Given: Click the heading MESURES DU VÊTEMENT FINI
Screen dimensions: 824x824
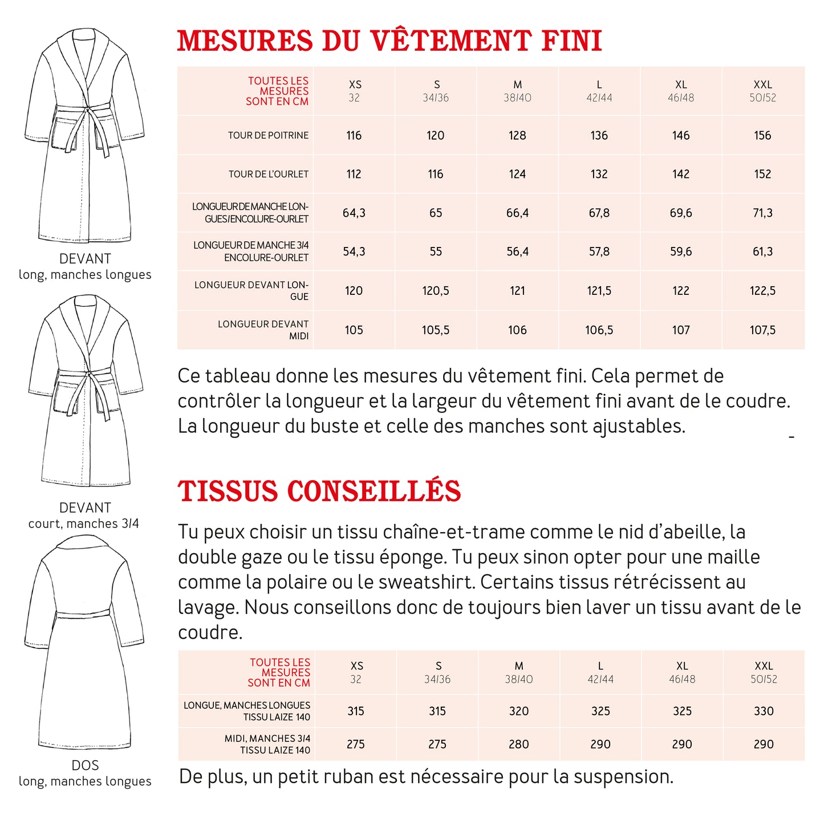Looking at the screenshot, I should pos(389,41).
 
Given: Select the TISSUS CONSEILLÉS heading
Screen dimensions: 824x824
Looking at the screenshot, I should pos(319,492).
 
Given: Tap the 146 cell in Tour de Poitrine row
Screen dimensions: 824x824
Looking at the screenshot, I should pos(681,136).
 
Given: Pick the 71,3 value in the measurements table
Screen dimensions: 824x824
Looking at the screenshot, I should pos(762,213).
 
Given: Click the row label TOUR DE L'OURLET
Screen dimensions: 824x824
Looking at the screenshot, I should pos(269,174).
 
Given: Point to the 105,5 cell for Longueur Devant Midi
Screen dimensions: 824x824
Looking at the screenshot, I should pos(436,330).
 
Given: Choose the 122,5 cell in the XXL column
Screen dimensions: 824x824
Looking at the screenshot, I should pos(762,291).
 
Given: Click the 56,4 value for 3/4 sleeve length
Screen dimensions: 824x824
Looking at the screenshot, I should pos(517,252).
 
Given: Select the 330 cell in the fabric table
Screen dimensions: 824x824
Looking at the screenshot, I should pos(764,711).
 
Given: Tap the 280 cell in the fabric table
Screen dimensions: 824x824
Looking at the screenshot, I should pos(519,744).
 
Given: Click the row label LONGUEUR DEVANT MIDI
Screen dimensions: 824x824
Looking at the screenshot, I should pos(263,330).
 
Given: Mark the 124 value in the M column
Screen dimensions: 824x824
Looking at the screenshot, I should pos(517,174).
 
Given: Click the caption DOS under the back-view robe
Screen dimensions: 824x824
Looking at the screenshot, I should pos(85,765).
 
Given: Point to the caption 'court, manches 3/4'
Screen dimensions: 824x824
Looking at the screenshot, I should pos(84,523).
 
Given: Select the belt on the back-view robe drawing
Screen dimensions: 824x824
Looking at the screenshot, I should pos(83,614).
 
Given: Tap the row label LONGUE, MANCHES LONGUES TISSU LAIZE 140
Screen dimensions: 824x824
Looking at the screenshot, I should pos(247,711).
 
